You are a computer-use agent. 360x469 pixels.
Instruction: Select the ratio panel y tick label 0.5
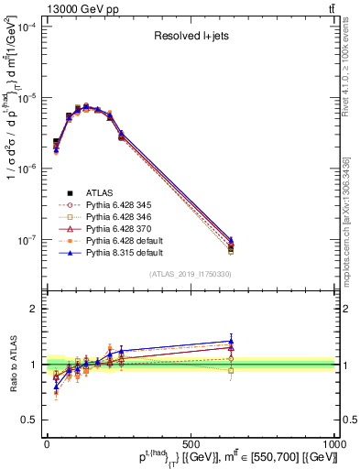(x=29, y=420)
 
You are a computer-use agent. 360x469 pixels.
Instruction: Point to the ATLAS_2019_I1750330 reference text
(x=190, y=274)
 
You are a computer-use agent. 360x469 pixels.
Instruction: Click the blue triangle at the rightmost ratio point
(x=231, y=341)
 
